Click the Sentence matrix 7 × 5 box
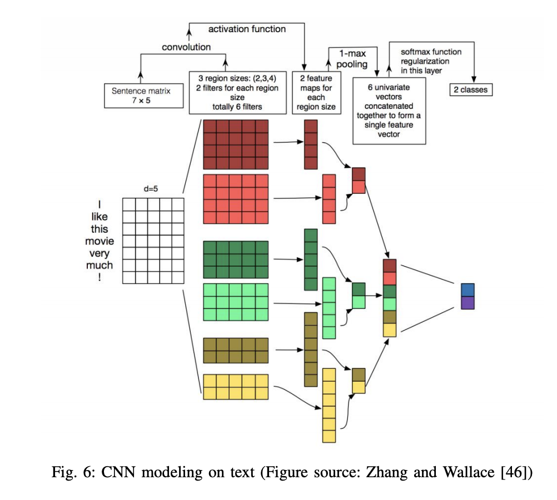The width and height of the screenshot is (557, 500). click(145, 96)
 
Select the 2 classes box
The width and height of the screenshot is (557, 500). click(471, 89)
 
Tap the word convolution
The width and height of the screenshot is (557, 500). click(186, 47)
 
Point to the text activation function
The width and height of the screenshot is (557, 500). click(247, 28)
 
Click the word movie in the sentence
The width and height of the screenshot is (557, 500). click(100, 241)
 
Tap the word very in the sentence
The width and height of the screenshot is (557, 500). click(100, 253)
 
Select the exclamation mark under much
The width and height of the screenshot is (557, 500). click(100, 277)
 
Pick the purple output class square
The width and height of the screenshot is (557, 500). click(468, 302)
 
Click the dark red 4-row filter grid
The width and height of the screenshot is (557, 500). click(236, 144)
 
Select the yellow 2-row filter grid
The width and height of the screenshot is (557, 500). click(236, 387)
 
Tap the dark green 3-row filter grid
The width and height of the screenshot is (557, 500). click(236, 259)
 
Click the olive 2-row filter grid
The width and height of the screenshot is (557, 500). click(236, 351)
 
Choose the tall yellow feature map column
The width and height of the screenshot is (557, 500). click(329, 405)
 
